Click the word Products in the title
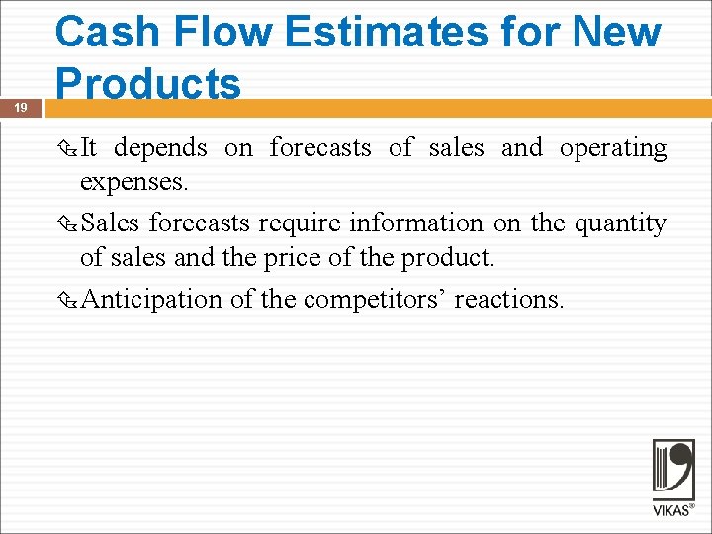[148, 83]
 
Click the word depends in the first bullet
[160, 148]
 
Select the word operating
[613, 148]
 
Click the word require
[295, 223]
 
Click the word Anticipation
[151, 299]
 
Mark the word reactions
[509, 299]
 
